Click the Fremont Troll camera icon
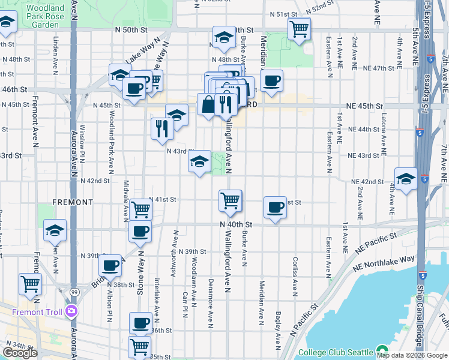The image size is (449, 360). (x=72, y=310)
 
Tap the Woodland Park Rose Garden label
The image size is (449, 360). (x=45, y=17)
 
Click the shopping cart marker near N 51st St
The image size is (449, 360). (x=298, y=28)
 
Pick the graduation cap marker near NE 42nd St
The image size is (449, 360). (x=406, y=179)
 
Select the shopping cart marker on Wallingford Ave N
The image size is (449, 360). (x=230, y=200)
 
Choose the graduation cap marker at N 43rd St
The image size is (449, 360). (x=200, y=161)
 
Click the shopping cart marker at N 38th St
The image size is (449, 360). (x=29, y=284)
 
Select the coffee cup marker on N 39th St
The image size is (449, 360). (x=110, y=265)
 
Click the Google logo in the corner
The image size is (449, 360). (x=20, y=353)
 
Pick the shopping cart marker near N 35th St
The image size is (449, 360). (x=140, y=346)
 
